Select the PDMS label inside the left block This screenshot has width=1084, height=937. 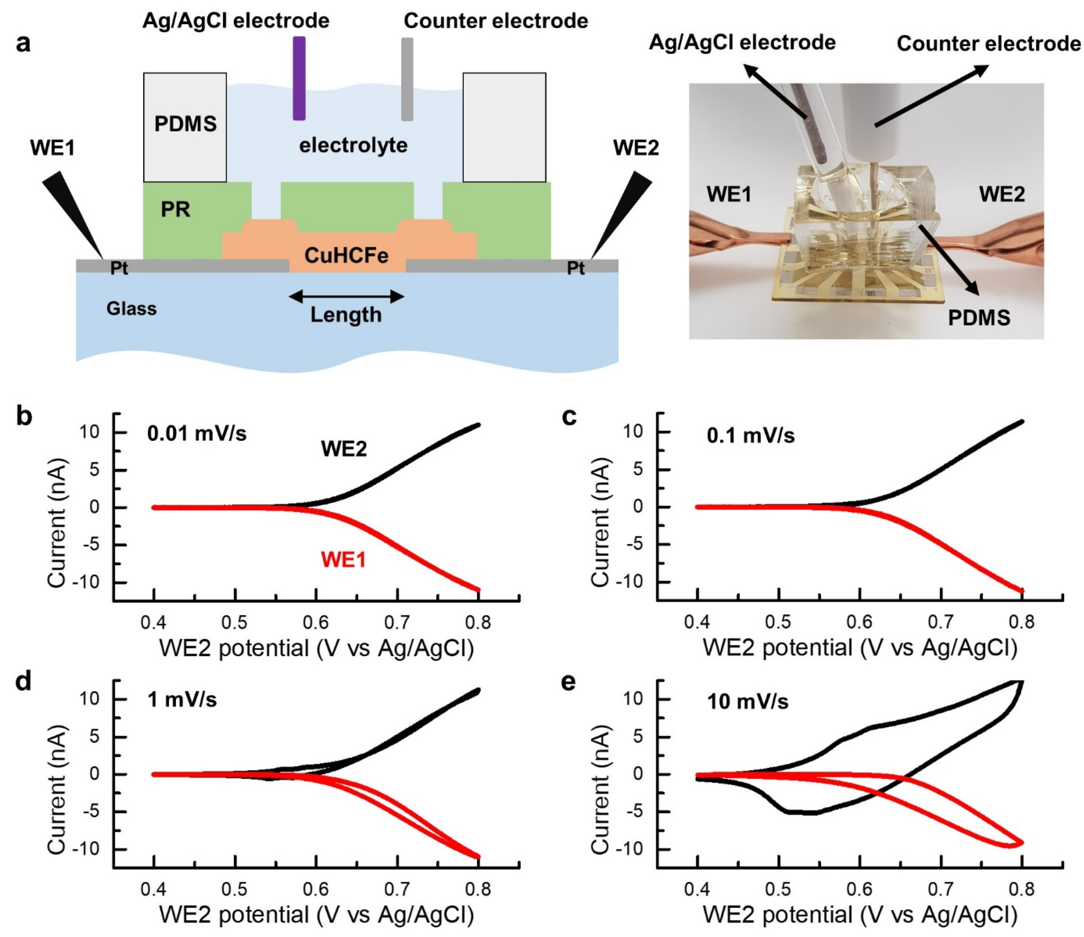point(185,124)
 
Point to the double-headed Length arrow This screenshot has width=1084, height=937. point(346,297)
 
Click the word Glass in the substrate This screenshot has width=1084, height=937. point(131,309)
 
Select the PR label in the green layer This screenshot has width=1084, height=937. point(175,209)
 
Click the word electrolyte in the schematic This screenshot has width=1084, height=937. point(353,145)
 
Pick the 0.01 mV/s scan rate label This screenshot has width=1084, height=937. point(197,434)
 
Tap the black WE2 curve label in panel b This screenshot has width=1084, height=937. point(344,449)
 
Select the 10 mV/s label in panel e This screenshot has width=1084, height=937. point(748,702)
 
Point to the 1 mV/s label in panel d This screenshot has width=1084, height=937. point(182,700)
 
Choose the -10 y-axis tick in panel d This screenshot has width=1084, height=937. point(88,849)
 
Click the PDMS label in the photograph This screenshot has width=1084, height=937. point(979,318)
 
